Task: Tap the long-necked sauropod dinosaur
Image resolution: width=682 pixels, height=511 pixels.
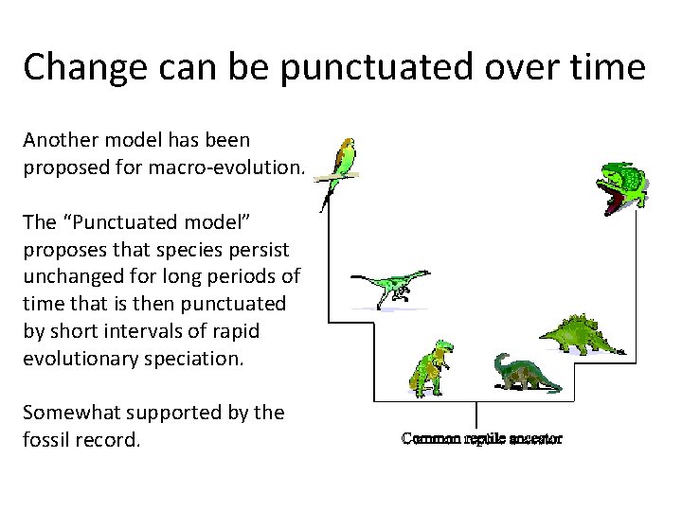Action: coord(524,373)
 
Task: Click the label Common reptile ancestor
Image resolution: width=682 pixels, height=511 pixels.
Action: coord(481,438)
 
